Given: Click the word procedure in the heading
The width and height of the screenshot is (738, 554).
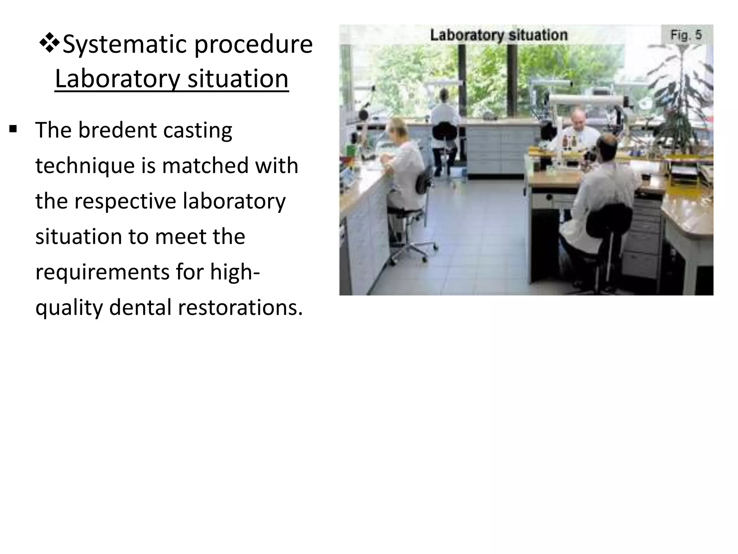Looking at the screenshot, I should pyautogui.click(x=253, y=45).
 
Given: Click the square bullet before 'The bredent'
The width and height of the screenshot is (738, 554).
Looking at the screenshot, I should pyautogui.click(x=13, y=129).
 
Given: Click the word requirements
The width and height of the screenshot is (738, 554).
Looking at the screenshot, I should pyautogui.click(x=102, y=272).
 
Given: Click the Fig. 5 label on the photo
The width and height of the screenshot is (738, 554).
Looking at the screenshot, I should pyautogui.click(x=686, y=35).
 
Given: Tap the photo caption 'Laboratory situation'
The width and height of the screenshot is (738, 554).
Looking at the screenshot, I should pyautogui.click(x=499, y=35).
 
